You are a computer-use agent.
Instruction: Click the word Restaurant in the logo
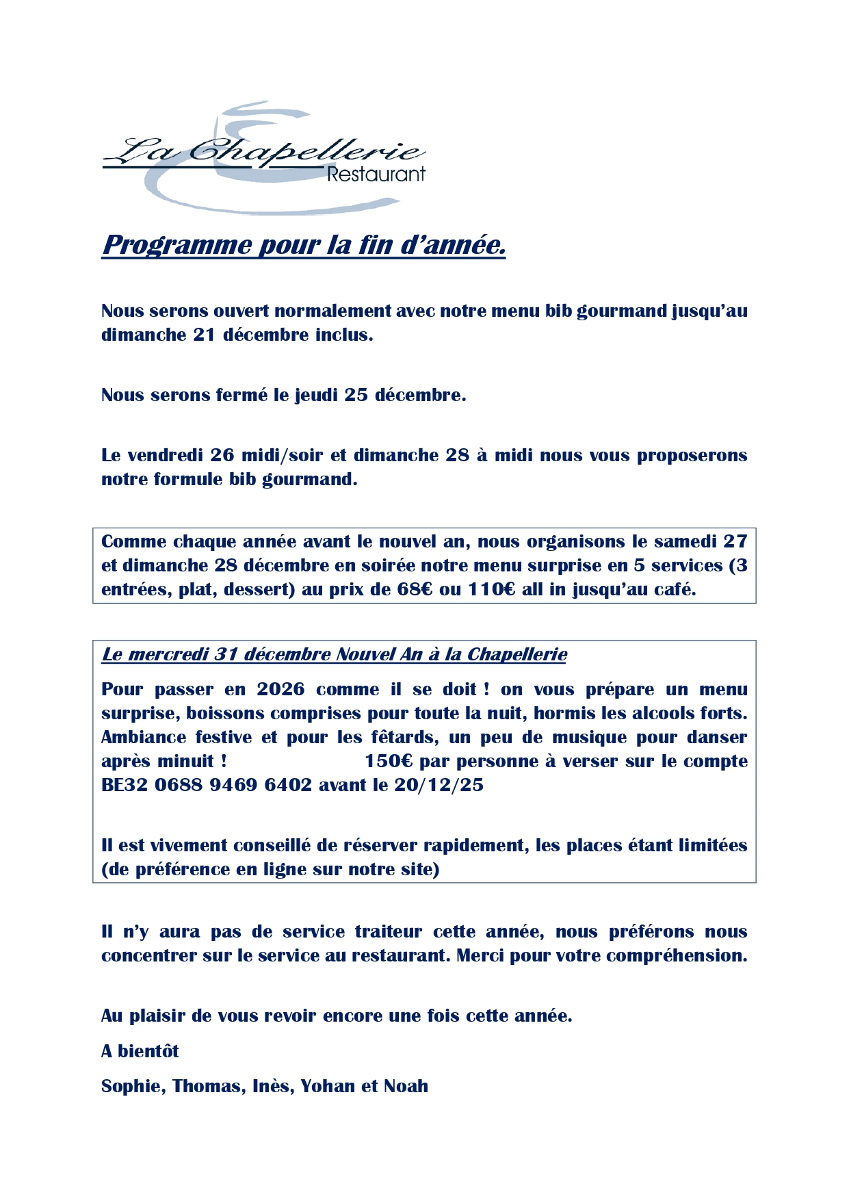tap(376, 175)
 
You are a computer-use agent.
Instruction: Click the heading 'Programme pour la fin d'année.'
tap(304, 244)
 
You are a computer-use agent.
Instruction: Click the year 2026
tap(280, 689)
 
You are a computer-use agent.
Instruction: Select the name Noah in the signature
tap(406, 1086)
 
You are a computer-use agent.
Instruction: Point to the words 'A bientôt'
tap(140, 1051)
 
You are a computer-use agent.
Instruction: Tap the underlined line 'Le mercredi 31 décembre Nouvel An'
tap(334, 654)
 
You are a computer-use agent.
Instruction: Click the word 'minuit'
tap(185, 761)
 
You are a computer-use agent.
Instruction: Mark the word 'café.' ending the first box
tap(673, 589)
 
